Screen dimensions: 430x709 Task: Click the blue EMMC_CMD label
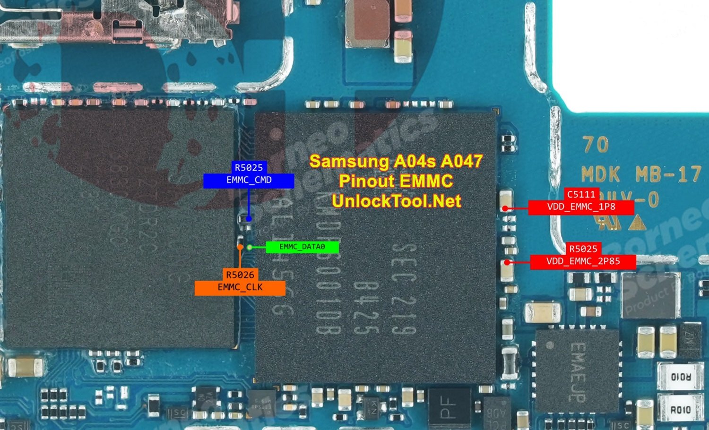[x=249, y=181]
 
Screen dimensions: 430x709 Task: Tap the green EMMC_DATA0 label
[x=302, y=247]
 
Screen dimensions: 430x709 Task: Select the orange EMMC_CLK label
[x=240, y=288]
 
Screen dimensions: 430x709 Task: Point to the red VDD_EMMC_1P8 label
[x=581, y=207]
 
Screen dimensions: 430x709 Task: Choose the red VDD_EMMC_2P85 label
[x=583, y=261]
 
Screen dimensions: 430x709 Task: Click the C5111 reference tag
[x=581, y=194]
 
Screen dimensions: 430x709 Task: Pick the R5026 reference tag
[x=240, y=275]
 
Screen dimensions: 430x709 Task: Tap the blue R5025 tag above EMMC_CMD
[x=249, y=167]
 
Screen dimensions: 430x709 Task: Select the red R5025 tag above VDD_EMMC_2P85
[x=583, y=249]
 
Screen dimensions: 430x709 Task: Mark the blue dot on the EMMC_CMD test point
[x=249, y=219]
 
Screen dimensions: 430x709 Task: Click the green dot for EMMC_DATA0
[x=250, y=247]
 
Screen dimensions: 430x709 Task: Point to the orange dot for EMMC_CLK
[x=240, y=247]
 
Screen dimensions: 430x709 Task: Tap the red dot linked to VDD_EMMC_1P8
[x=505, y=208]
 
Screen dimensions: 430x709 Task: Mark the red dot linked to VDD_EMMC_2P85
[x=507, y=262]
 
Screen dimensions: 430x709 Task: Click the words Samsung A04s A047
[x=396, y=162]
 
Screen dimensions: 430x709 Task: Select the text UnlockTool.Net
[x=396, y=201]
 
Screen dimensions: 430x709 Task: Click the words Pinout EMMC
[x=396, y=181]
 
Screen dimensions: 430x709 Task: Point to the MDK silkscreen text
[x=600, y=175]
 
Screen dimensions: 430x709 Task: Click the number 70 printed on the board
[x=595, y=145]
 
